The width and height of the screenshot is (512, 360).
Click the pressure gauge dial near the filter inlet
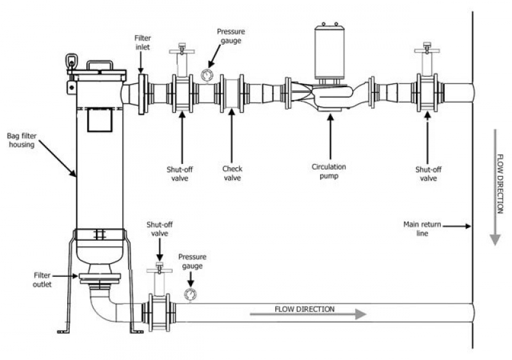pyautogui.click(x=207, y=76)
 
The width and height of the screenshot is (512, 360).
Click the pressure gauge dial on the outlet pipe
pyautogui.click(x=190, y=294)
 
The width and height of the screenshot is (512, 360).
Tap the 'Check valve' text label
pyautogui.click(x=232, y=173)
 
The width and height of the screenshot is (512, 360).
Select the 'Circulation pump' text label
pyautogui.click(x=329, y=171)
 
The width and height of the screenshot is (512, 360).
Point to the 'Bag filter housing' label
pyautogui.click(x=22, y=140)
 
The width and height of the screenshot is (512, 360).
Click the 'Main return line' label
pyautogui.click(x=422, y=229)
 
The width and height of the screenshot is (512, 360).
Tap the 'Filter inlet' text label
pyautogui.click(x=143, y=42)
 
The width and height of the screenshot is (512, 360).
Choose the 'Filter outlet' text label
pyautogui.click(x=42, y=280)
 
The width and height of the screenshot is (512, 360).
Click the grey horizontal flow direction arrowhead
pyautogui.click(x=360, y=315)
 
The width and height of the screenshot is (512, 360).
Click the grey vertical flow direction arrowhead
pyautogui.click(x=495, y=240)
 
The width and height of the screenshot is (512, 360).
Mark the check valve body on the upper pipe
pyautogui.click(x=232, y=93)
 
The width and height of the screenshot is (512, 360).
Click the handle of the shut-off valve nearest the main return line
pyautogui.click(x=427, y=50)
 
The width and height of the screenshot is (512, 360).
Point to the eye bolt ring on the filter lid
pyautogui.click(x=72, y=61)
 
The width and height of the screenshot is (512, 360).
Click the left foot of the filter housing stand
pyautogui.click(x=63, y=332)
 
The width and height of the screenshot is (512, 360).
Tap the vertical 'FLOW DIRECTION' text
pyautogui.click(x=500, y=184)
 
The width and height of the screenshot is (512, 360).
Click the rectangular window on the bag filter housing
pyautogui.click(x=100, y=120)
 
